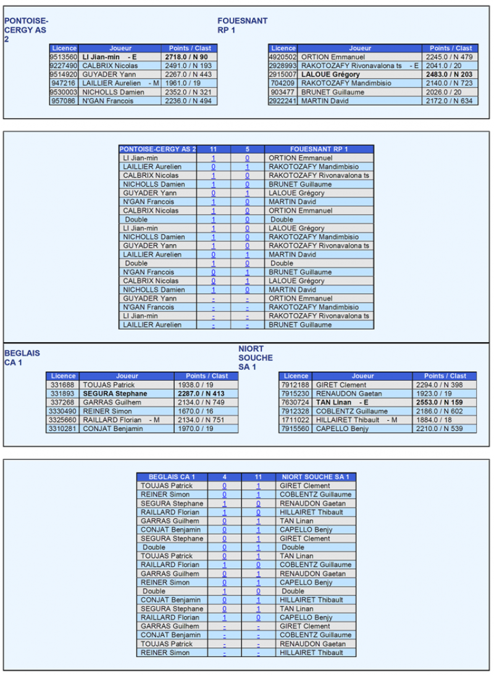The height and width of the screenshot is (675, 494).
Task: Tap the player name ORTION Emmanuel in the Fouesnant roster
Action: coord(325,57)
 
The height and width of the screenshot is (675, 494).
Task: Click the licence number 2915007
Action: coord(283,74)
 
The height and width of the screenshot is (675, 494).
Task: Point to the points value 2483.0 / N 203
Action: coord(449,74)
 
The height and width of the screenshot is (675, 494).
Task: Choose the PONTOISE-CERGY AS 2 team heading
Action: coord(26,30)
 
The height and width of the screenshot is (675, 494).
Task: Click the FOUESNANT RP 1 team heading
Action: coord(243,25)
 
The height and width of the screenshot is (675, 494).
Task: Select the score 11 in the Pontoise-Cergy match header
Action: coord(214,149)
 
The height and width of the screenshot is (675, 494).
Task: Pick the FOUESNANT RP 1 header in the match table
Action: coord(319,149)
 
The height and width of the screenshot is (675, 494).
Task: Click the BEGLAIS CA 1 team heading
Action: coord(22,358)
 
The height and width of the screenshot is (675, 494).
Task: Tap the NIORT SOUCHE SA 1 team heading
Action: coord(255,358)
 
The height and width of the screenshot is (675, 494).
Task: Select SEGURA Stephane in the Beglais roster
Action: coord(115,393)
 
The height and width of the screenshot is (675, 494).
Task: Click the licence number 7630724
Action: coord(296,402)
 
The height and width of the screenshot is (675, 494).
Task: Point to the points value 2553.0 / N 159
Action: coord(450,402)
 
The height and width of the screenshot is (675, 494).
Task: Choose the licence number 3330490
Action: coord(62,411)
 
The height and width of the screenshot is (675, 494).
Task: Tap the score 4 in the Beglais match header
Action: coord(224,477)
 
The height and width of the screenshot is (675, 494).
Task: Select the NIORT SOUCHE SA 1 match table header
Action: coord(315,477)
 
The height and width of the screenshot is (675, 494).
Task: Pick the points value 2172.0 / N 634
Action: coord(449,101)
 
